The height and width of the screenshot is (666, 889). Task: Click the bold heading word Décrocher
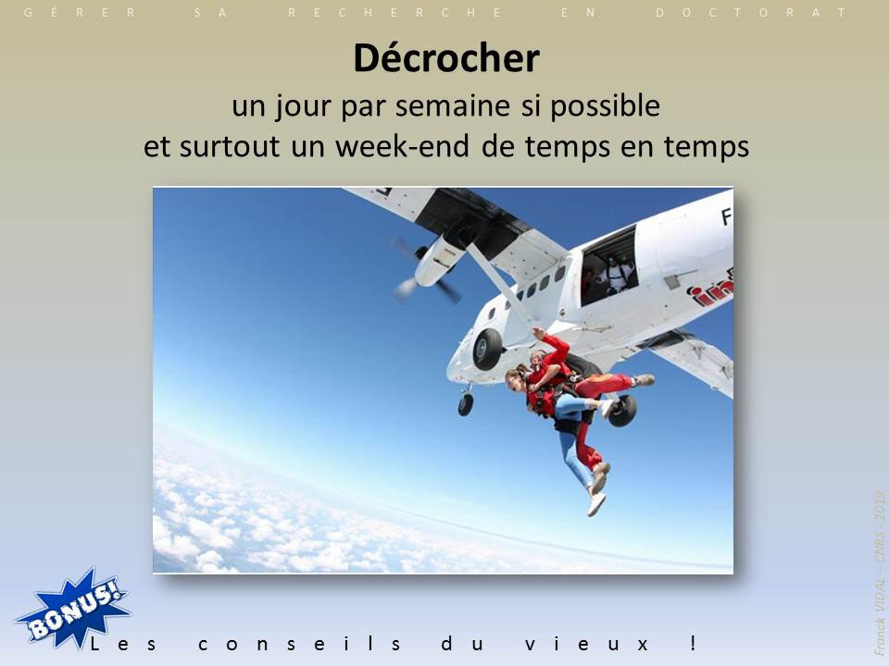[x=446, y=58]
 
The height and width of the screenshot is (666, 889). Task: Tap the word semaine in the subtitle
[x=452, y=105]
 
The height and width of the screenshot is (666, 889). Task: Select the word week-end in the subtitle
[x=401, y=146]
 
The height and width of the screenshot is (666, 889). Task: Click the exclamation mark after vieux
[x=693, y=644]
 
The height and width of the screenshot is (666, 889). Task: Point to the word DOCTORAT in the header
[x=751, y=12]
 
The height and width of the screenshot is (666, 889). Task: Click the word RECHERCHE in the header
[x=395, y=12]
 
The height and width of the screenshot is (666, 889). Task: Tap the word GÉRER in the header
[x=80, y=12]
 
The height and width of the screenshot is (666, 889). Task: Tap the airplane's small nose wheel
[x=466, y=404]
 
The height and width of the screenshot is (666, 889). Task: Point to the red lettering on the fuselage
[x=710, y=290]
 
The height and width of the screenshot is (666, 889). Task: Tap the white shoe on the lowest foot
[x=595, y=503]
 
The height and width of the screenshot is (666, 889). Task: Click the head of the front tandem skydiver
[x=517, y=377]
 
